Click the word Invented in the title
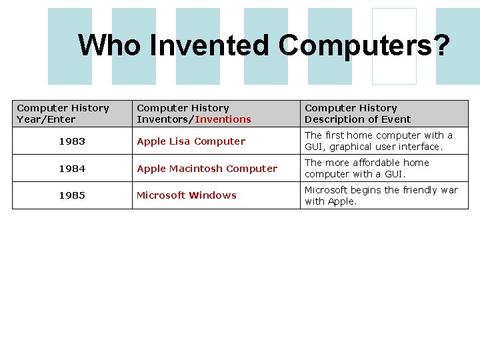(x=210, y=45)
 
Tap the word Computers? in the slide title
(x=364, y=45)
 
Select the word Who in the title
(x=110, y=45)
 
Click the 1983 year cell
(x=72, y=141)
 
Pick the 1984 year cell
(x=72, y=169)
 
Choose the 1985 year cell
(x=72, y=195)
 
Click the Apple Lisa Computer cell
(x=191, y=141)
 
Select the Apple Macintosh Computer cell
(x=207, y=169)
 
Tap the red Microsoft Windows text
(x=187, y=195)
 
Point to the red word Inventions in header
(x=223, y=119)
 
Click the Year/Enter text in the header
(x=46, y=119)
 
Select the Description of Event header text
(x=357, y=119)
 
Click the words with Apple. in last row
(x=331, y=201)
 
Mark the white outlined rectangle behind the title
(x=394, y=46)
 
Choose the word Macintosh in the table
(x=193, y=169)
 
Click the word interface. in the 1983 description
(x=419, y=147)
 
